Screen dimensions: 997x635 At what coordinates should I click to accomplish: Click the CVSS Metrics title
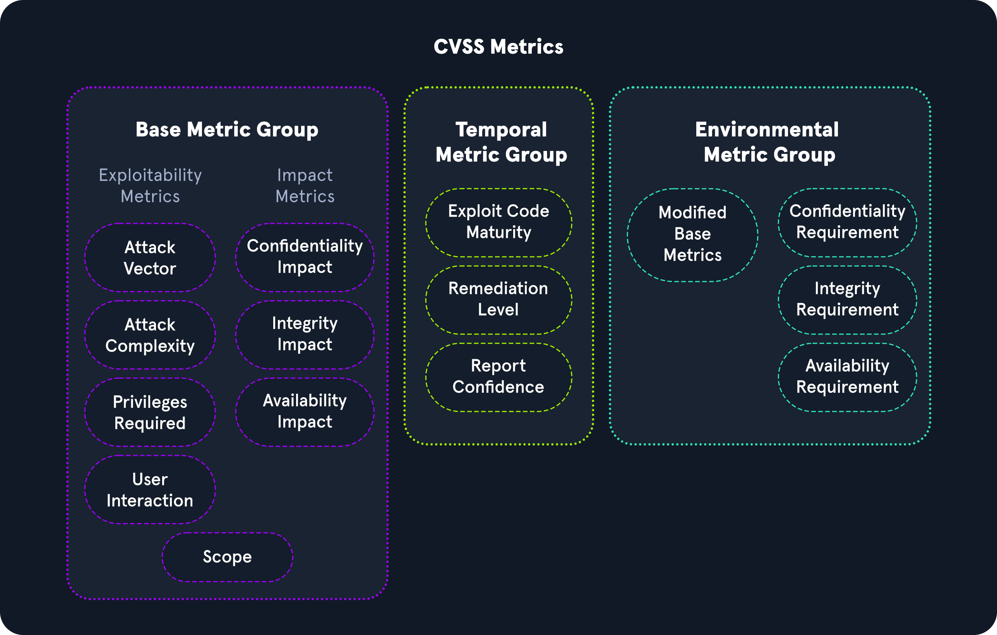(498, 46)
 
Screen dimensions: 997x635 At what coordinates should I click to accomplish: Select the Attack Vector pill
(150, 257)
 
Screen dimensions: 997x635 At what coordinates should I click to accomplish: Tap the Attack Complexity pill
(150, 335)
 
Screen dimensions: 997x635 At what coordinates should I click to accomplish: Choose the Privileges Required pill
(150, 412)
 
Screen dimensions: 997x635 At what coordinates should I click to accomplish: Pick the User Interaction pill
(150, 489)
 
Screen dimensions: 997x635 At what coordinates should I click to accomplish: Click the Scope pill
(227, 557)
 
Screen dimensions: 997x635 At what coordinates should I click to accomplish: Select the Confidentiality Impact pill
(305, 257)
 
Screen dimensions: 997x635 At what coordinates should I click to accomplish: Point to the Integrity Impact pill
(305, 335)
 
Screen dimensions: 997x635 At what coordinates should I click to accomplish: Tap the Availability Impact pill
(305, 412)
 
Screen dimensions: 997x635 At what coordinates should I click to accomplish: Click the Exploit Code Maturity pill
(498, 223)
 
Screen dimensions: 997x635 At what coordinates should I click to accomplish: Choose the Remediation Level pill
(498, 300)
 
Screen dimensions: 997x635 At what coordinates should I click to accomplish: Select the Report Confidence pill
(498, 377)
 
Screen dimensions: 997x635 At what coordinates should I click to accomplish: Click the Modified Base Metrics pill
(692, 235)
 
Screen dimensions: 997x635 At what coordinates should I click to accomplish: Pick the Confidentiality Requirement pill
(847, 223)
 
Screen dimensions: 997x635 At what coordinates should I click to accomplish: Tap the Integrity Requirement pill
(847, 300)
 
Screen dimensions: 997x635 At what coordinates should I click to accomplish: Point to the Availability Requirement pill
(847, 377)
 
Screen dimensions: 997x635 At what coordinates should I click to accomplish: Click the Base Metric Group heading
(227, 130)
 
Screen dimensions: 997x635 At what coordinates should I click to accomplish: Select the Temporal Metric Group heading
(501, 142)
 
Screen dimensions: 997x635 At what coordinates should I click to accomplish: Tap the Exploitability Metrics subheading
(150, 186)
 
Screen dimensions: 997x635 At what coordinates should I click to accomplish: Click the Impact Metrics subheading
(305, 186)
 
